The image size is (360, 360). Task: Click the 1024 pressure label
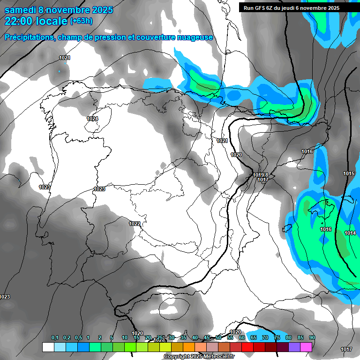coord(92,119)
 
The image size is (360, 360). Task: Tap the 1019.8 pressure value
coord(261,175)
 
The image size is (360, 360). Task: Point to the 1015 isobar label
coord(348,173)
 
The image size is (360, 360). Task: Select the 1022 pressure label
coord(135,224)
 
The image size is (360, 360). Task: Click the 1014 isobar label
coord(350,233)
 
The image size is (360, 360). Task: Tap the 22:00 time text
coord(19,21)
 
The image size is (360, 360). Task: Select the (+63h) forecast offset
coord(81,21)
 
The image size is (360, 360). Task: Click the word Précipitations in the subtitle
coord(29,37)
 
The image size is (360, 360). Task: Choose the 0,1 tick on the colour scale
coord(55,338)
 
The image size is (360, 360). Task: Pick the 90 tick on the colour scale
coord(312,338)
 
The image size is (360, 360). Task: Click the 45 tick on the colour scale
coord(207,338)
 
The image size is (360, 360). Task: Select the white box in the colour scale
coord(48,347)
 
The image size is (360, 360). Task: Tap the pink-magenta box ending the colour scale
coord(306,347)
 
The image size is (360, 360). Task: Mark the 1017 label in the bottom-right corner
coord(346,349)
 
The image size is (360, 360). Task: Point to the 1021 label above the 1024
coord(65,58)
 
